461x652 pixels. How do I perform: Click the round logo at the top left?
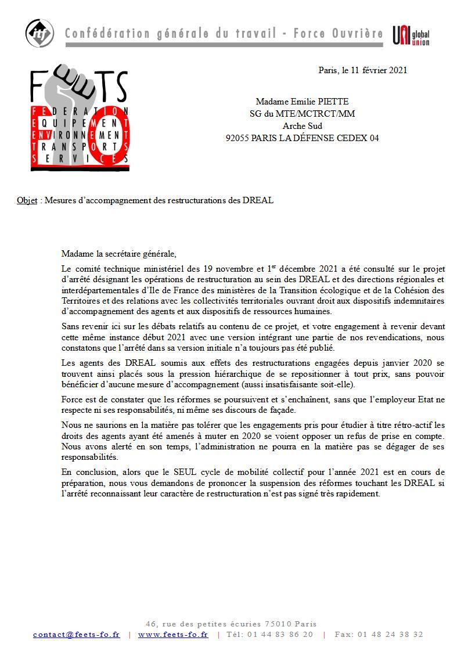coord(39,33)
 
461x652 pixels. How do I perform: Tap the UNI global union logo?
coord(410,35)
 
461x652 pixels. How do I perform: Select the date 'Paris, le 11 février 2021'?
coord(363,70)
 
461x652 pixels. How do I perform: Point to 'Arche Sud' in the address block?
coord(302,126)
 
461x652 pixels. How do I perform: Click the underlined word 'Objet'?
coord(27,200)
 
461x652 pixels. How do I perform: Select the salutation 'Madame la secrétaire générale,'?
coord(118,254)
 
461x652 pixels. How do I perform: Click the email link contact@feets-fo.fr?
coord(77,635)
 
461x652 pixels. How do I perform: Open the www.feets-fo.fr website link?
coord(173,635)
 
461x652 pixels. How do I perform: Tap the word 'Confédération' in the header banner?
coord(108,34)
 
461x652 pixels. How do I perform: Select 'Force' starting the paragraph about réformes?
coord(73,399)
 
